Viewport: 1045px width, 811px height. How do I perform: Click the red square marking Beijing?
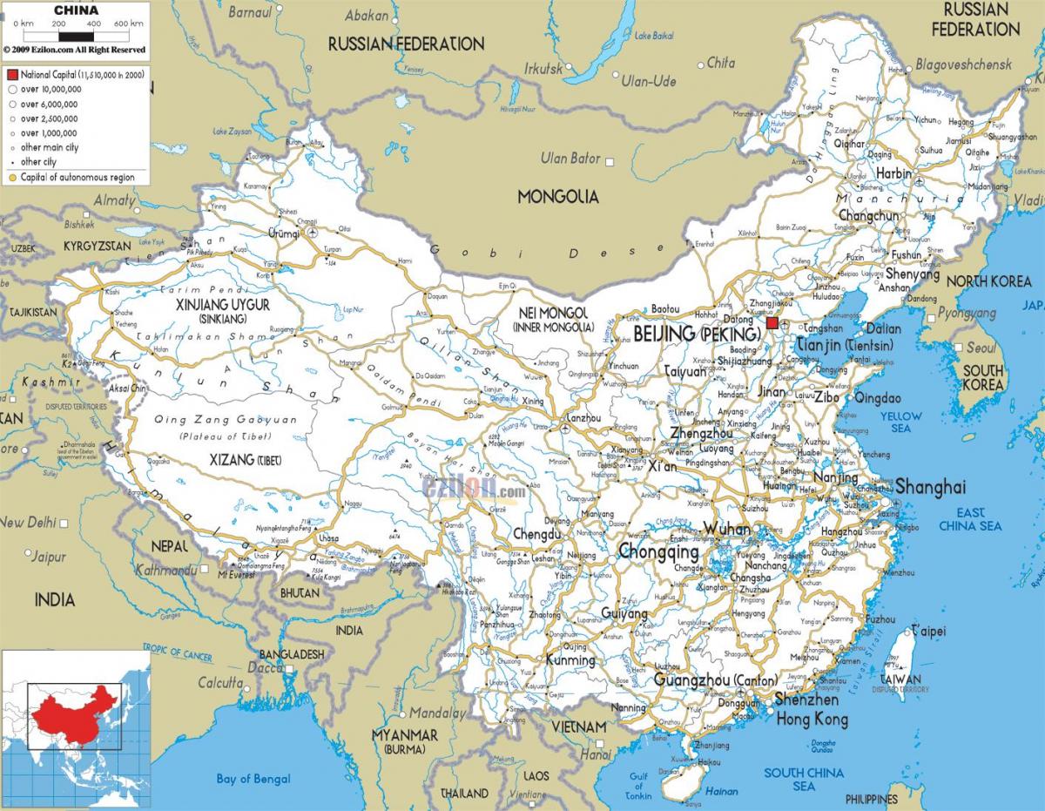[x=772, y=323]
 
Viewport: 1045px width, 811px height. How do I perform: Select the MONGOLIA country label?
[x=558, y=197]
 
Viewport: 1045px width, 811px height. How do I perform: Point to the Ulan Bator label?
[x=570, y=159]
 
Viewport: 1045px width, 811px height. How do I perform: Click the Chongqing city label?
[x=658, y=552]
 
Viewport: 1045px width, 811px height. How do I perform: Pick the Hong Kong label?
[x=812, y=720]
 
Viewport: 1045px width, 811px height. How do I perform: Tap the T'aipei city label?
[x=927, y=631]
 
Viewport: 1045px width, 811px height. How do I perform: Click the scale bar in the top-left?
[x=77, y=36]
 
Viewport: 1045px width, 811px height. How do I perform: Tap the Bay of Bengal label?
[x=253, y=779]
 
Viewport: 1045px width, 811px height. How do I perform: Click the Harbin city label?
[x=893, y=173]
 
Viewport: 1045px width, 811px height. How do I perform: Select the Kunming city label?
[x=570, y=660]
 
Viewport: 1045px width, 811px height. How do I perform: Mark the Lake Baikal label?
[x=655, y=36]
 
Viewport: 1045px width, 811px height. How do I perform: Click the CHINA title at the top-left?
[x=76, y=10]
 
